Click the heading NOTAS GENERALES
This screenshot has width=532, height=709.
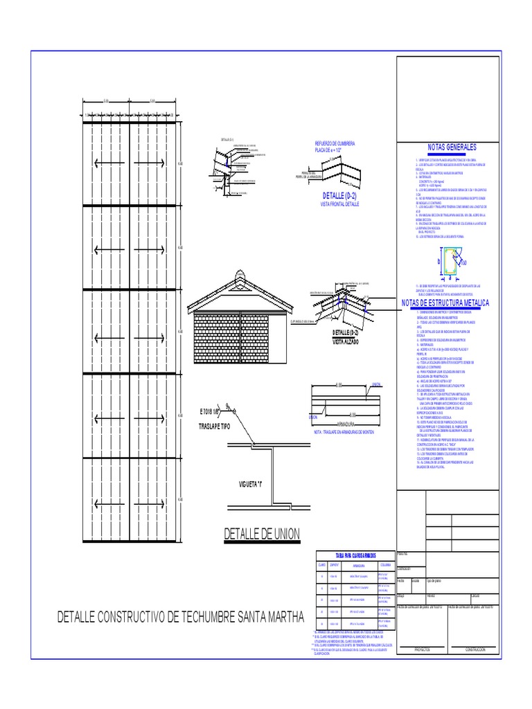coord(452,148)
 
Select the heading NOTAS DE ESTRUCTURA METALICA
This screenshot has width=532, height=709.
coord(445,303)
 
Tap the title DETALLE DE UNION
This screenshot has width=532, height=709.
coord(262,534)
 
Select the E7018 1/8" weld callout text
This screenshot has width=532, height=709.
coord(212,413)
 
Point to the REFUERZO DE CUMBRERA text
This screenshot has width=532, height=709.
coord(335,143)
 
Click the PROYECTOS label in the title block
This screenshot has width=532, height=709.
coord(423,649)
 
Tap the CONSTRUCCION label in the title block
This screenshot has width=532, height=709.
coord(475,649)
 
